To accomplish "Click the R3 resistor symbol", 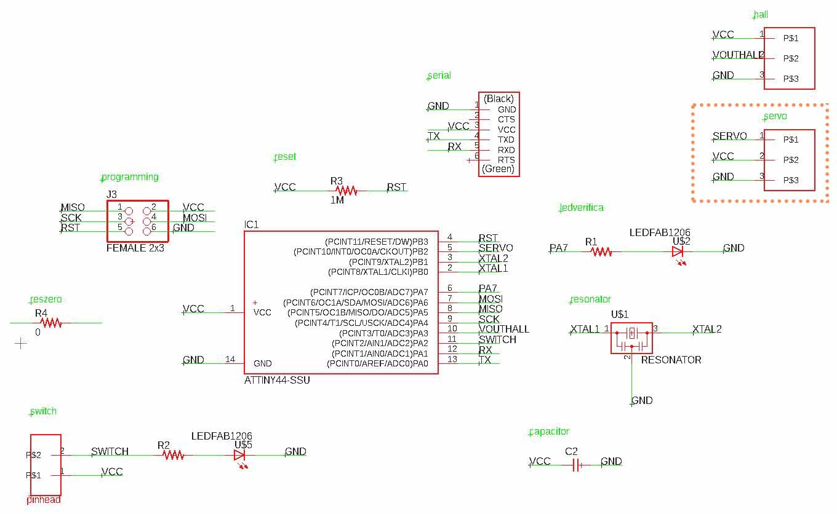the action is (x=346, y=191).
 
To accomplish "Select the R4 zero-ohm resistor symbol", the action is (x=51, y=323).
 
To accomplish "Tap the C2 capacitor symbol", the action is (x=576, y=465).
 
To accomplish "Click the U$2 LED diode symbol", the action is (x=678, y=251).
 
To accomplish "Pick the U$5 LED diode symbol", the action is (x=239, y=455).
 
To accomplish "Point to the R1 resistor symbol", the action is (x=601, y=251).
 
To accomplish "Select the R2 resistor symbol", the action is (x=174, y=455).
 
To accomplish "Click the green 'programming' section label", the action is (x=130, y=177).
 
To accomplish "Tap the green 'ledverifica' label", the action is (x=582, y=208).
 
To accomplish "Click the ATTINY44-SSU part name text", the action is (x=277, y=381).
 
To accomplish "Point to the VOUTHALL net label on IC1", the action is (x=504, y=329).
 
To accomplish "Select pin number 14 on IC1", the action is (x=230, y=359).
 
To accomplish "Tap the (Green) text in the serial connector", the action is (x=498, y=168).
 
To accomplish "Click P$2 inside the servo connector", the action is (x=791, y=160).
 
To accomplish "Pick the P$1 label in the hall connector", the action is (x=791, y=38).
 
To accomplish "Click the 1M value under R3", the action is (x=337, y=200).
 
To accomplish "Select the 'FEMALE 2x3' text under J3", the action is (x=135, y=248).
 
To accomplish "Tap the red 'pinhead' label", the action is (x=43, y=500).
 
